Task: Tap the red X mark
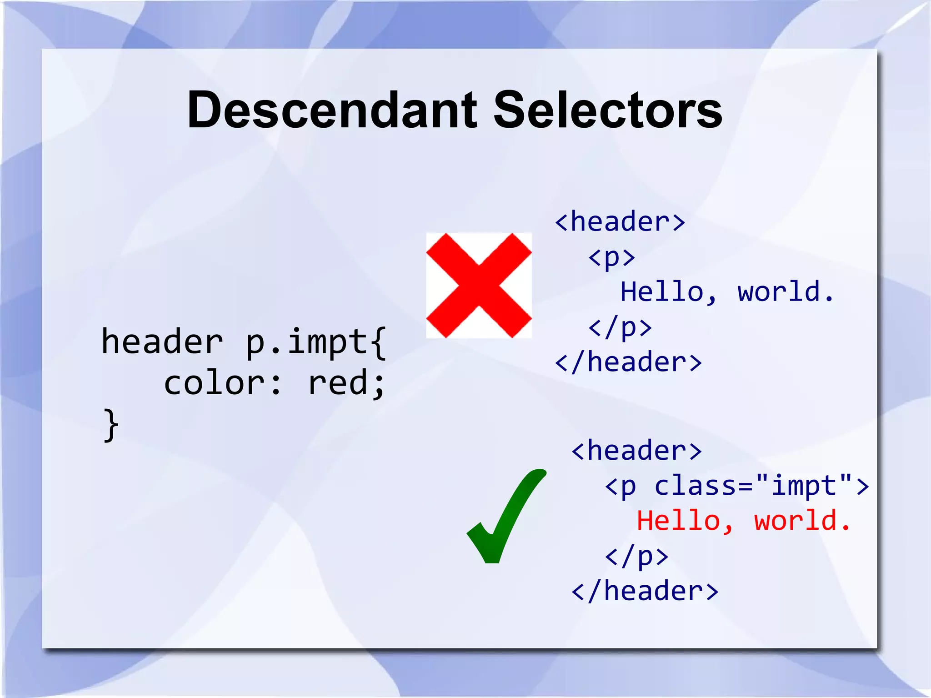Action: [479, 286]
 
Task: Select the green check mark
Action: [506, 516]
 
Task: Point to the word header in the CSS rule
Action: [162, 341]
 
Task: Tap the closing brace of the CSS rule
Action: [111, 425]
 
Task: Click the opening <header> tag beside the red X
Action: [620, 222]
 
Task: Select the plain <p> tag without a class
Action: [611, 257]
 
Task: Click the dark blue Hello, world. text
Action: [727, 292]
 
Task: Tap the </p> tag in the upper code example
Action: [620, 327]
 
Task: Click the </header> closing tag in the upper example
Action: [628, 362]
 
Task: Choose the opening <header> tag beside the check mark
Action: [636, 451]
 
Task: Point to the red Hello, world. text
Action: [743, 521]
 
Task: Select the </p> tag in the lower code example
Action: [636, 556]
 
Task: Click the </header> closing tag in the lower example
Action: [645, 591]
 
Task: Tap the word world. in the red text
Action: [802, 521]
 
